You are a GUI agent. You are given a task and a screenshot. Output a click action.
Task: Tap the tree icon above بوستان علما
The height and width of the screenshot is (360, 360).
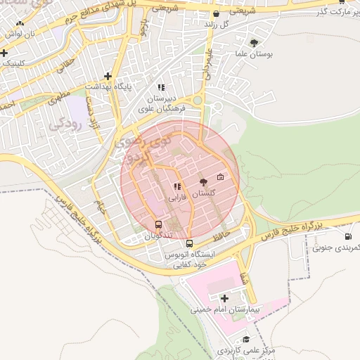pyautogui.click(x=264, y=42)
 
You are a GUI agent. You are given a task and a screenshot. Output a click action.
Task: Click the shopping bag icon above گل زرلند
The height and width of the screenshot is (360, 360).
pyautogui.click(x=216, y=13)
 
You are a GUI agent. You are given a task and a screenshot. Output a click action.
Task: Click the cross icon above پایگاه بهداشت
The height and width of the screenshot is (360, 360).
pyautogui.click(x=108, y=76)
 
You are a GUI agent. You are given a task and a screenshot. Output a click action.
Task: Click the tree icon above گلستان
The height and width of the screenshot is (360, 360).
pyautogui.click(x=204, y=181)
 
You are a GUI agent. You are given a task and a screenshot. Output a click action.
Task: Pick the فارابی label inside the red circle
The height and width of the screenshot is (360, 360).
pyautogui.click(x=176, y=198)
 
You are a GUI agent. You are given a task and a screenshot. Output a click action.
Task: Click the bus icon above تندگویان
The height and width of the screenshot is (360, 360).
pyautogui.click(x=159, y=225)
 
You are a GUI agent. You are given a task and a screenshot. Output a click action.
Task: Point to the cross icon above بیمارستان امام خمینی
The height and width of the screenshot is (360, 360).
pyautogui.click(x=224, y=299)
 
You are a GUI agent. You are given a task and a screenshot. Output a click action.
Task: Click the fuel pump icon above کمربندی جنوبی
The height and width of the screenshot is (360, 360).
pyautogui.click(x=348, y=237)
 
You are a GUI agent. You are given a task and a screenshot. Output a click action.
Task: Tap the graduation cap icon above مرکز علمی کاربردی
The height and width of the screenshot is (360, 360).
pyautogui.click(x=245, y=339)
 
